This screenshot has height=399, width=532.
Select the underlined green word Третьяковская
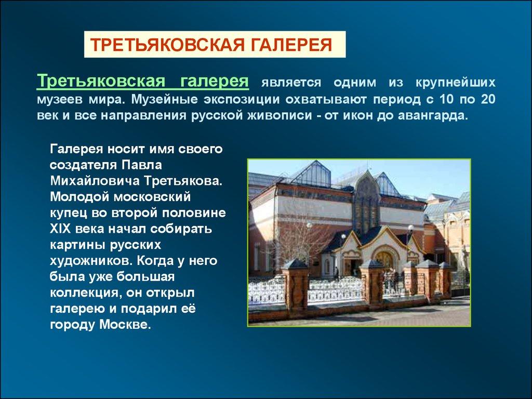click(x=101, y=82)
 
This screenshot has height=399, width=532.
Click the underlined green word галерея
click(x=215, y=82)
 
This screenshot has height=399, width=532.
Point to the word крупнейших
click(x=455, y=83)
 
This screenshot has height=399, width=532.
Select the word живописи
click(x=279, y=116)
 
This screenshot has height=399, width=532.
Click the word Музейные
click(x=165, y=99)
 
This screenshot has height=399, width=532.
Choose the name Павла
click(x=141, y=165)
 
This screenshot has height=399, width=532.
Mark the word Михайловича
click(x=95, y=181)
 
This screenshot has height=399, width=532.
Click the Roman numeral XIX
click(x=60, y=229)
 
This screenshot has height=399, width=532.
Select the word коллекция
click(x=86, y=293)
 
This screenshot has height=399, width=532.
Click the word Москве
click(x=125, y=325)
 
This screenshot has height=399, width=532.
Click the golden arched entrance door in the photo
click(x=385, y=260)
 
